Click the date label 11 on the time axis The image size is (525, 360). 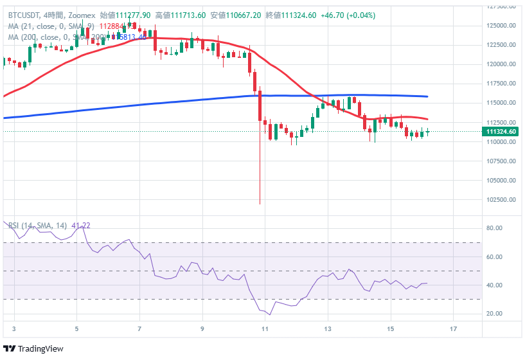(x=264, y=328)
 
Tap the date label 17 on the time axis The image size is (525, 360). (x=453, y=328)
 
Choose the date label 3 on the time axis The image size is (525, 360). (x=13, y=328)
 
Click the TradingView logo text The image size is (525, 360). (x=42, y=349)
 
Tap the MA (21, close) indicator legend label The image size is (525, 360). (x=51, y=26)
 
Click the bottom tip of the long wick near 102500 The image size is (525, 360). (x=260, y=204)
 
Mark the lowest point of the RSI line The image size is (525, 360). (x=270, y=315)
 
